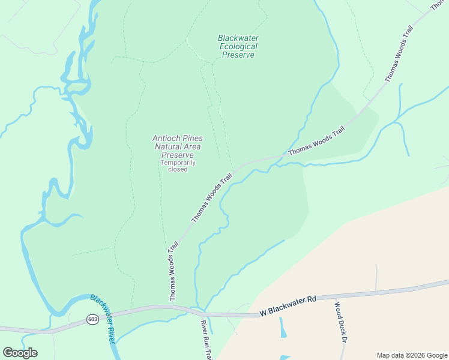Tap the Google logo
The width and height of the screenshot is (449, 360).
[x=20, y=353]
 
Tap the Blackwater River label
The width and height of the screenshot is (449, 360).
[x=103, y=317]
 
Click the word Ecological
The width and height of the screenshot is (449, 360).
[x=238, y=46]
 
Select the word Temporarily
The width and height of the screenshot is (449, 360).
[x=178, y=162]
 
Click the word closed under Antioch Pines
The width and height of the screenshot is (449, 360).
[x=178, y=169]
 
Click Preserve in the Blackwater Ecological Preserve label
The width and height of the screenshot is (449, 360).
[x=238, y=55]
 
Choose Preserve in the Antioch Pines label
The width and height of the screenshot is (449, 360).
[x=177, y=155]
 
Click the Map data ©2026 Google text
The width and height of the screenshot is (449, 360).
[x=411, y=355]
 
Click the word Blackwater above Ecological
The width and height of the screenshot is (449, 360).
[x=238, y=38]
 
